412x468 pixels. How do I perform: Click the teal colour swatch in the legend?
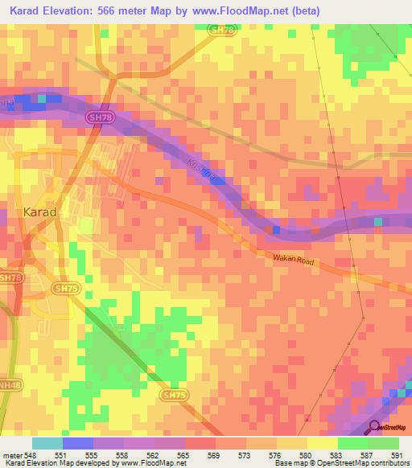(47, 443)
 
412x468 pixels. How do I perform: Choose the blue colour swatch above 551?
(77, 443)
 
